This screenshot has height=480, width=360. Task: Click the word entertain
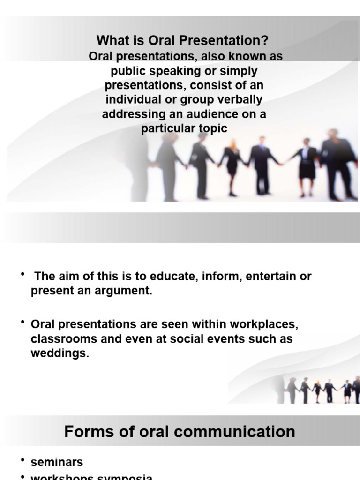[x=271, y=276]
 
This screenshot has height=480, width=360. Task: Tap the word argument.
[x=125, y=291]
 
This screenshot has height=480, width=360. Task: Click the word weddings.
[x=60, y=353]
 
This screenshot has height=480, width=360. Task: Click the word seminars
[x=57, y=462]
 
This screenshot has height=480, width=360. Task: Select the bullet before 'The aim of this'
[x=22, y=275]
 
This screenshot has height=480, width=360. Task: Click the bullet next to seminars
[x=22, y=461]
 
